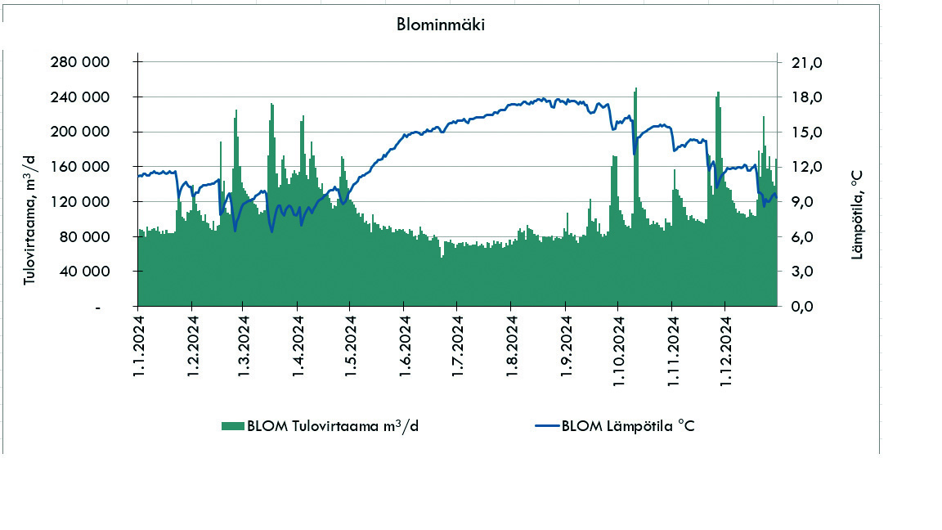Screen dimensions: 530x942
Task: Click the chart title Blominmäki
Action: [441, 24]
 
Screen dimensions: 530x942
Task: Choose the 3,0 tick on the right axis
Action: [804, 272]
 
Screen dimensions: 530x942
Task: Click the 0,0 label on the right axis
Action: [804, 307]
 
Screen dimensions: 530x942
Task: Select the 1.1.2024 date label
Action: [139, 353]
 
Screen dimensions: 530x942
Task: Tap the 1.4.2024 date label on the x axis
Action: [298, 353]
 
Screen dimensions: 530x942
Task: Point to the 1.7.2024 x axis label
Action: [458, 353]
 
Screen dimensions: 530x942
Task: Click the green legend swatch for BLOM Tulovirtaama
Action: [232, 425]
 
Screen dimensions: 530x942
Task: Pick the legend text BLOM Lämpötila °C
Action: [627, 425]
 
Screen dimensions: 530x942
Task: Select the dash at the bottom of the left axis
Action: [98, 308]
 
